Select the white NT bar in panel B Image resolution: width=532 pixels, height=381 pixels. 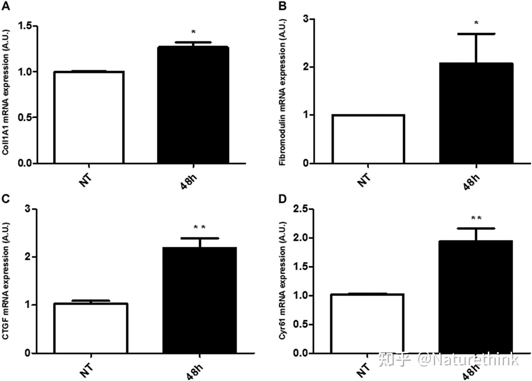point(368,139)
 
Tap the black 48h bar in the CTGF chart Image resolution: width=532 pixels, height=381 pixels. point(200,300)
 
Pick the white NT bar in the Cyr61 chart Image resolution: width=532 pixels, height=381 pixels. point(367,323)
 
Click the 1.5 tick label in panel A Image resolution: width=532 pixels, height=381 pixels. point(26,26)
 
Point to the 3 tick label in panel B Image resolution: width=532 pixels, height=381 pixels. point(306,19)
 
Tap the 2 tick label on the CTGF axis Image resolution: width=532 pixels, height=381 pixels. point(28,257)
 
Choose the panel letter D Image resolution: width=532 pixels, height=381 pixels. point(282,199)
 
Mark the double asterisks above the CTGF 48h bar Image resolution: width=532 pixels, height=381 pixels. point(199,227)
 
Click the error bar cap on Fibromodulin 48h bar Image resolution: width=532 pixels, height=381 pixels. point(476,34)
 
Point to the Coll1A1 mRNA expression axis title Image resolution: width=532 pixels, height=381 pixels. point(6,93)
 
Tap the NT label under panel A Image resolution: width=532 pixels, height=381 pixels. point(86,180)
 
